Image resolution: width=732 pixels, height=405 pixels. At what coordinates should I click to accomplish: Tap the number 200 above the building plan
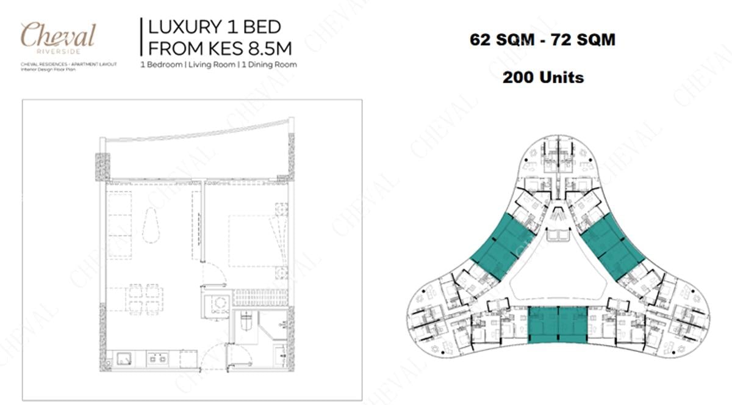[x=517, y=78]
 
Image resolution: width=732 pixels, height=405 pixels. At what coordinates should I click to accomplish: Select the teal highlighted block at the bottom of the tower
[x=557, y=325]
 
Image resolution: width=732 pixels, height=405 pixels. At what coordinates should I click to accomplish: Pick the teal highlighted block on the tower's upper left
[x=500, y=247]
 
